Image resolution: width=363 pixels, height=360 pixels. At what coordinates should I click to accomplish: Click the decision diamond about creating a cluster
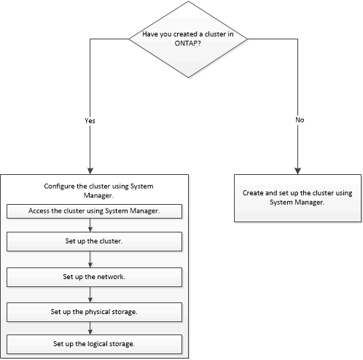coord(187,40)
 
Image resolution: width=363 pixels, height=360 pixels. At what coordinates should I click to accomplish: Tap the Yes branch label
coord(90,120)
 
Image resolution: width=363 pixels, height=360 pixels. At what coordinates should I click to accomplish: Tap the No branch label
coord(299,120)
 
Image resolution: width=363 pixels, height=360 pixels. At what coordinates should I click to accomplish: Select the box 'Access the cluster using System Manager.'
coord(93,211)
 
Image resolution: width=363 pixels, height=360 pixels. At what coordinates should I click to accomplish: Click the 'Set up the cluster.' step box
coord(93,240)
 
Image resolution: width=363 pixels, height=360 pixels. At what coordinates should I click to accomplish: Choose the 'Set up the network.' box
coord(93,277)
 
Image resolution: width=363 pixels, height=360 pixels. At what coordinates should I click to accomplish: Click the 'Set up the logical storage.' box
coord(93,343)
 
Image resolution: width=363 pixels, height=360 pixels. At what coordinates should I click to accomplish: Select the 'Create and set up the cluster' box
coord(297,197)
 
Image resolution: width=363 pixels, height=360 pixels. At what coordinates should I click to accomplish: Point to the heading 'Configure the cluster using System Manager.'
coord(93,191)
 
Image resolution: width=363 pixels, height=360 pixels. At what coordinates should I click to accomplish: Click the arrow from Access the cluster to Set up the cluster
coord(90,225)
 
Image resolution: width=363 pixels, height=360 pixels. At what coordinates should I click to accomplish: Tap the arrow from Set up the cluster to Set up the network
coord(90,259)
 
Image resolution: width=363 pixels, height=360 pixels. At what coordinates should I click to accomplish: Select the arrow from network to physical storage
coord(90,294)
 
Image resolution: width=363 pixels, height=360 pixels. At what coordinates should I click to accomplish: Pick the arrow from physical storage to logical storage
coord(90,327)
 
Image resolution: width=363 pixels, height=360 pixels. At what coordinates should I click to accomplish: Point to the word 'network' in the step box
coord(111,277)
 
